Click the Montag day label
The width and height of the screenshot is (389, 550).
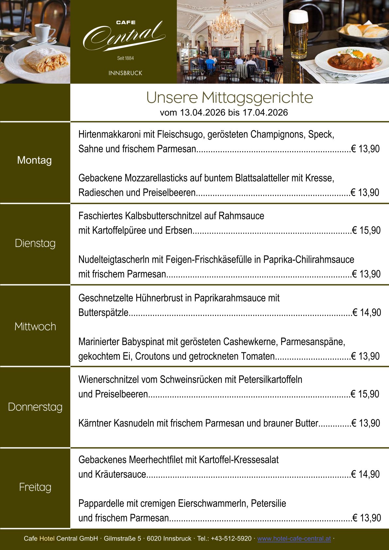(34, 160)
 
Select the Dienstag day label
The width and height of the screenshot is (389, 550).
(35, 243)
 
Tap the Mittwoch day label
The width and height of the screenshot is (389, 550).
(35, 326)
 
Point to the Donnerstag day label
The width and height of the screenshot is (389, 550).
(35, 407)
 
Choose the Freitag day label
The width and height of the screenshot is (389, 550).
(35, 487)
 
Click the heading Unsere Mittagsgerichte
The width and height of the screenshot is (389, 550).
(229, 97)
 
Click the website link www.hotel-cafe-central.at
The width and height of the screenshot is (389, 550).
(294, 538)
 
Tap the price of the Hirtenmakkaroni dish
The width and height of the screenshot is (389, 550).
(365, 149)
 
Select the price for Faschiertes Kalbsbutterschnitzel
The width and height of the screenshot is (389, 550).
(366, 230)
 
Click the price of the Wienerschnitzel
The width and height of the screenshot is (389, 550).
(365, 394)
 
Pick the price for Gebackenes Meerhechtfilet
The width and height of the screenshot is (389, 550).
(365, 474)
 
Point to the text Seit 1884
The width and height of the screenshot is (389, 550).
(126, 58)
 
